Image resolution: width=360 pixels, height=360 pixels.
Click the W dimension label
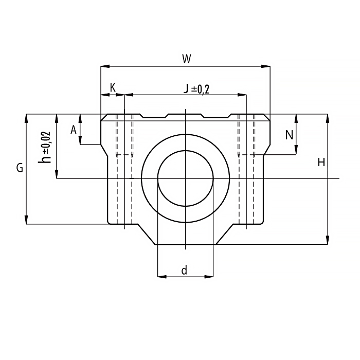pyautogui.click(x=186, y=59)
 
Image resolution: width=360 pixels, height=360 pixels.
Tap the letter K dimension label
pyautogui.click(x=113, y=87)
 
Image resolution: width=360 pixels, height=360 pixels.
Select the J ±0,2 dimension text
pyautogui.click(x=196, y=89)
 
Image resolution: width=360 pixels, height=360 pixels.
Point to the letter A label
pyautogui.click(x=73, y=130)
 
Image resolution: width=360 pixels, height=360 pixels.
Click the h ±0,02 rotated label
pyautogui.click(x=45, y=148)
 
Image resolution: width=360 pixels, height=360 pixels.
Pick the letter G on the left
pyautogui.click(x=20, y=168)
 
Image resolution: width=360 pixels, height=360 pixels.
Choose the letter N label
pyautogui.click(x=289, y=135)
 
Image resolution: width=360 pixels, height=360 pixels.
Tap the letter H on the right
pyautogui.click(x=321, y=163)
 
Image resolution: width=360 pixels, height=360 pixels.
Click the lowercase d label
pyautogui.click(x=184, y=270)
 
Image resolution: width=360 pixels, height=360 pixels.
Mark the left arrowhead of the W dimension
pyautogui.click(x=105, y=66)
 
